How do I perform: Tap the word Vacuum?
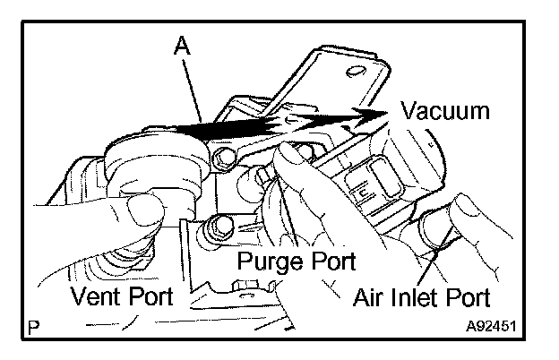pos(445,112)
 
